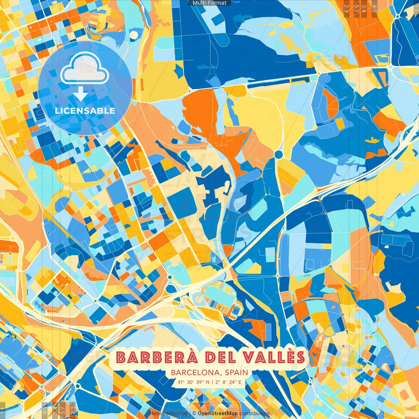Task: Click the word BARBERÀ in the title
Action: click(x=157, y=357)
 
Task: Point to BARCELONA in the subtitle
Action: click(x=195, y=373)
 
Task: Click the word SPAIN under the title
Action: click(x=236, y=373)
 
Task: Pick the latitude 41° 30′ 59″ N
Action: click(x=193, y=382)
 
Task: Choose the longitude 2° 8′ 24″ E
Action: click(x=228, y=382)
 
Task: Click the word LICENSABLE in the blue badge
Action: click(x=85, y=111)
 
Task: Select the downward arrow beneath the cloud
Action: click(x=80, y=94)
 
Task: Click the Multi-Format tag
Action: click(x=209, y=3)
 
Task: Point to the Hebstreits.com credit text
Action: click(x=168, y=413)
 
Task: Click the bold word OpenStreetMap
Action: click(x=218, y=413)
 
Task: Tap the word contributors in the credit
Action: click(x=254, y=413)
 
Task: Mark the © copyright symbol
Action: click(x=194, y=413)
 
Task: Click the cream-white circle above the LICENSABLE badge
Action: click(x=134, y=35)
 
